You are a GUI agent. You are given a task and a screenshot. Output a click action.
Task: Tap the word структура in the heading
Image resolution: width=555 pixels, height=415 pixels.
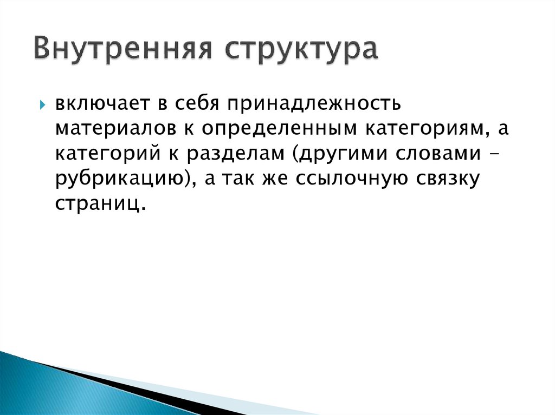coord(301,50)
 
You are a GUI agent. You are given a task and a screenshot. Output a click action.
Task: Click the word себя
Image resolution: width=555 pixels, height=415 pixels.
coord(183,103)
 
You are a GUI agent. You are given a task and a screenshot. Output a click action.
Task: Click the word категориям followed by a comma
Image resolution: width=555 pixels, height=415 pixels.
coord(427,128)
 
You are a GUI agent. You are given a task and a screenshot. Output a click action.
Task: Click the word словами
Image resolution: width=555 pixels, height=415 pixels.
coord(442,153)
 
